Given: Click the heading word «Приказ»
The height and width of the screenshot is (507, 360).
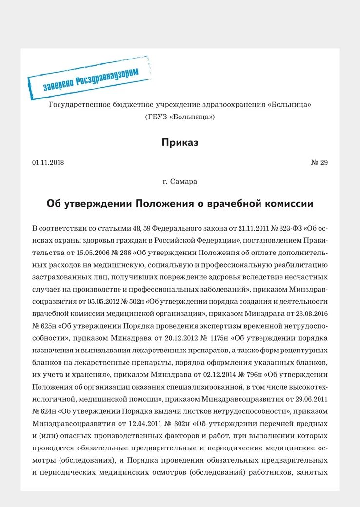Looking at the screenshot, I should (x=180, y=142).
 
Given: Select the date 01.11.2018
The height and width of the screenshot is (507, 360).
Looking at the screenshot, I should (x=48, y=162).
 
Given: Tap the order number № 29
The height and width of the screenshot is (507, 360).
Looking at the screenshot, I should (x=319, y=162).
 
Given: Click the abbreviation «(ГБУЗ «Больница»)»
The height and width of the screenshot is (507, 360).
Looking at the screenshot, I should (x=180, y=117).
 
